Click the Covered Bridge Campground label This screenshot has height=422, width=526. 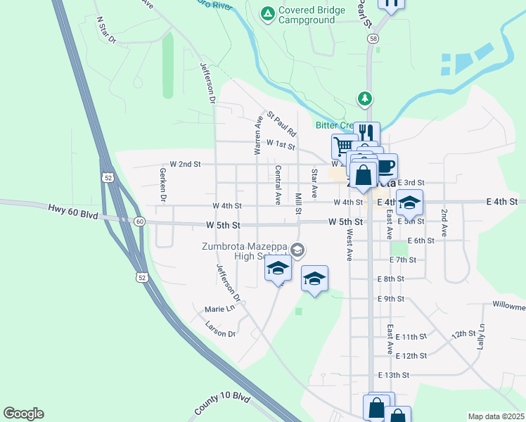(312, 15)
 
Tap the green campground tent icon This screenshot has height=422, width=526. (267, 13)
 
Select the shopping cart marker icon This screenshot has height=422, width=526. (344, 145)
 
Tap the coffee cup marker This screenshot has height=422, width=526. (386, 166)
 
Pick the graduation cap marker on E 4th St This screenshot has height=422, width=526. (409, 203)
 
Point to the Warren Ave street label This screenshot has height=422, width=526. (258, 135)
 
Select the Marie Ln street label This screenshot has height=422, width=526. (219, 309)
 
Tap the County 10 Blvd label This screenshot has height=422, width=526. (222, 406)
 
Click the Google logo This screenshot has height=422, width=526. (23, 414)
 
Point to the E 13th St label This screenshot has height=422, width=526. (393, 376)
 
